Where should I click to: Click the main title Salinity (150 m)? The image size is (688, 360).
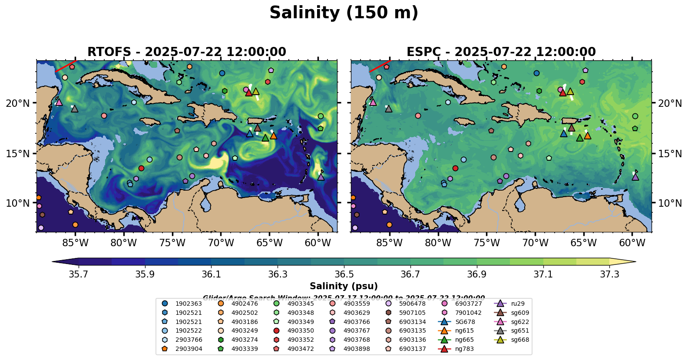(344, 13)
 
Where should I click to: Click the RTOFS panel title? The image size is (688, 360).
(187, 52)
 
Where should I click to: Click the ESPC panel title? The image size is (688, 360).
(501, 52)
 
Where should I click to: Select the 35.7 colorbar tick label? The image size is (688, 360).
(79, 274)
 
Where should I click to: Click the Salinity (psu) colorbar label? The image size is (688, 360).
(344, 286)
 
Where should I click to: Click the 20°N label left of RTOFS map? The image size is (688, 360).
(18, 103)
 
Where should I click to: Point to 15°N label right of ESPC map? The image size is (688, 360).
(670, 154)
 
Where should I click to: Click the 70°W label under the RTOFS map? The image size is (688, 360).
(221, 243)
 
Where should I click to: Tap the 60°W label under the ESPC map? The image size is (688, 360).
(632, 243)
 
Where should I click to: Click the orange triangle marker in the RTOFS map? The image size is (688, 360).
(273, 135)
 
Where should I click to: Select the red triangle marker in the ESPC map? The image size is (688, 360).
(563, 92)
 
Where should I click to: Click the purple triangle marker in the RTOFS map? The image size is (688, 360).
(321, 177)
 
